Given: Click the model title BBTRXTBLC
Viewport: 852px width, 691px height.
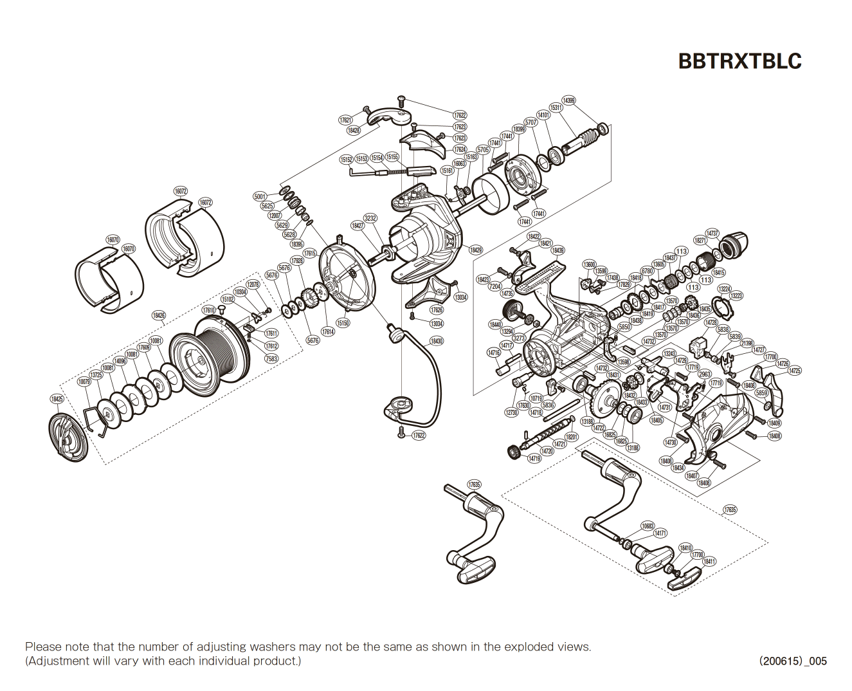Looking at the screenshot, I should pos(739,60).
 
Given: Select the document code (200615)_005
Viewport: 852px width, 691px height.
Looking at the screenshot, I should pos(792,661).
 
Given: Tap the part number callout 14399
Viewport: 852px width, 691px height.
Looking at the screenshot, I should pos(568,100).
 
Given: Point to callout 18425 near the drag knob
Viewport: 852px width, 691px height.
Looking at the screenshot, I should pos(57,400).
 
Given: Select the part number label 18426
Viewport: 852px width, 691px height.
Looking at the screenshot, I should pos(159,315).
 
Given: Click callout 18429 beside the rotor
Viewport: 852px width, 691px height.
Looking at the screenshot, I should pos(475,250).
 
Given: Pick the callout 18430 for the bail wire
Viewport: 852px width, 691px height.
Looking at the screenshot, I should pos(437,341).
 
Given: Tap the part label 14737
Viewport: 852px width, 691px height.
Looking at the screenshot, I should pos(712,233).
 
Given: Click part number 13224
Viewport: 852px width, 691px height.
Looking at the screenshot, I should pos(724,290).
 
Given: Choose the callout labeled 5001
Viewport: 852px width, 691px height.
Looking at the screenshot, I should pos(260,196).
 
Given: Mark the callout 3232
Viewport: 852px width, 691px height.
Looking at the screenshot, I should pos(370,218).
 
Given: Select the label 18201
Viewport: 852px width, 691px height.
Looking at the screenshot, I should pos(572,437).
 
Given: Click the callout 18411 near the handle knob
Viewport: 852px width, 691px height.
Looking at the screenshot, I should pos(709,562).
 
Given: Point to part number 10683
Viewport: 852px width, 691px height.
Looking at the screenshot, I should pos(648,526).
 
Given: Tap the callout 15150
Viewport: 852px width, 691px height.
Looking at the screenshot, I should pos(343,323).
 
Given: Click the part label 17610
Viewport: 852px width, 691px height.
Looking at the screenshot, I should pos(209,310).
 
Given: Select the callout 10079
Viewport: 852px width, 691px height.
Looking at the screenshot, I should pos(84,382).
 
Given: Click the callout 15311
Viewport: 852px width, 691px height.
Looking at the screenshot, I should pos(556,107).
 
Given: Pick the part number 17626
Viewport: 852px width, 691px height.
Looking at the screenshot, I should pos(437,310).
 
